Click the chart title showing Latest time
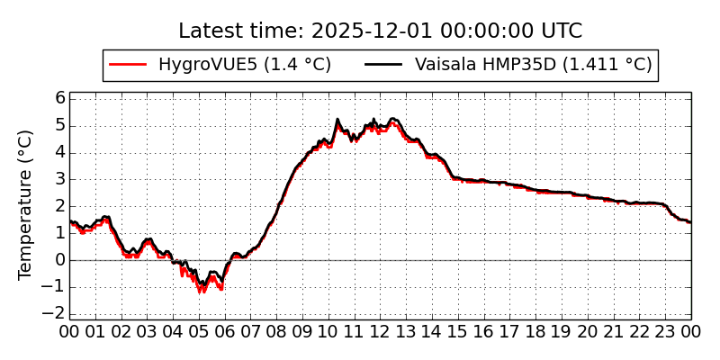click(380, 31)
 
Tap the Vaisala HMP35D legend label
click(533, 65)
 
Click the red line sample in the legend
click(128, 65)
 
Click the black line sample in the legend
click(384, 65)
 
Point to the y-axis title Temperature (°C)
click(26, 204)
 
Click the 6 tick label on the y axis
click(60, 98)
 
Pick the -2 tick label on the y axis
click(57, 313)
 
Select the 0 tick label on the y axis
click(60, 260)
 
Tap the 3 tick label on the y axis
click(60, 179)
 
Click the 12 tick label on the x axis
click(380, 331)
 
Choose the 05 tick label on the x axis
click(199, 331)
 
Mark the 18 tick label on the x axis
click(535, 331)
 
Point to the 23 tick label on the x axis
click(665, 331)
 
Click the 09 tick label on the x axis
click(302, 331)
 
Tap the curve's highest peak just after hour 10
click(337, 120)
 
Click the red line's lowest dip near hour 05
click(202, 292)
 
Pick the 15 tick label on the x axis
click(458, 331)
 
